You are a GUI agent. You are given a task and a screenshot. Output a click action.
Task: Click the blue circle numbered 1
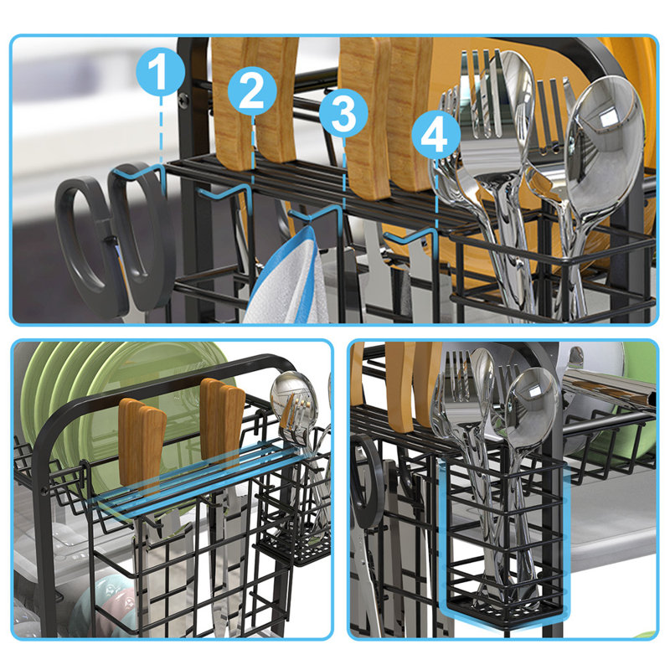pyautogui.click(x=159, y=72)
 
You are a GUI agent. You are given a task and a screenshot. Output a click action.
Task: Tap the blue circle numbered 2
pyautogui.click(x=252, y=92)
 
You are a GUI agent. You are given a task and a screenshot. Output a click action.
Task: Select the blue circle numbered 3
pyautogui.click(x=343, y=114)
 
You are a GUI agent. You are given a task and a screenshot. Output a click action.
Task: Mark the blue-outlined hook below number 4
pyautogui.click(x=415, y=236)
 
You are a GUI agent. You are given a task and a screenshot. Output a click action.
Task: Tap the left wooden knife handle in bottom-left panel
pyautogui.click(x=142, y=444)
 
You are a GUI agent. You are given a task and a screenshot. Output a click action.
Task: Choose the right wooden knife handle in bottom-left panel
pyautogui.click(x=222, y=423)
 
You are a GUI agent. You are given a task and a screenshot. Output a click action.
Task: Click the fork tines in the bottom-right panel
pyautogui.click(x=456, y=368)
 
